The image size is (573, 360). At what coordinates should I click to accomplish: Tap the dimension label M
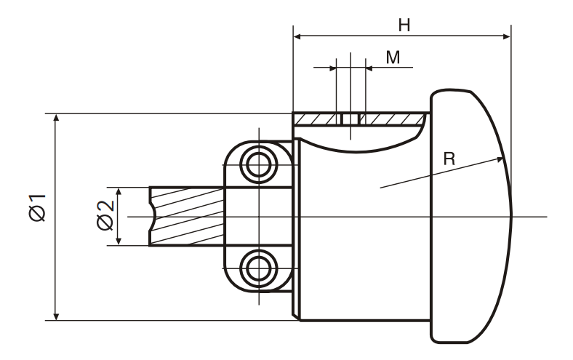click(x=393, y=57)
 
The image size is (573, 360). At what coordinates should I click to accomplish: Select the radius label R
click(x=449, y=160)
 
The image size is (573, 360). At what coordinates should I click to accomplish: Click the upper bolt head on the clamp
click(x=258, y=164)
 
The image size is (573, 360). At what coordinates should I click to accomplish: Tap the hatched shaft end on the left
click(x=186, y=216)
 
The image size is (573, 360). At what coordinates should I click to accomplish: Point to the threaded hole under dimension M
click(x=350, y=117)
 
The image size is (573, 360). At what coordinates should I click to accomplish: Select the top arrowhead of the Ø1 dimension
click(x=56, y=119)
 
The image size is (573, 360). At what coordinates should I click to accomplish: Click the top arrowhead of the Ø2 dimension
click(x=117, y=191)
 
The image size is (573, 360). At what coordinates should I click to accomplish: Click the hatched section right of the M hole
click(x=393, y=117)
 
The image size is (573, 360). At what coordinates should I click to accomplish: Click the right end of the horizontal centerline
click(x=545, y=217)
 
